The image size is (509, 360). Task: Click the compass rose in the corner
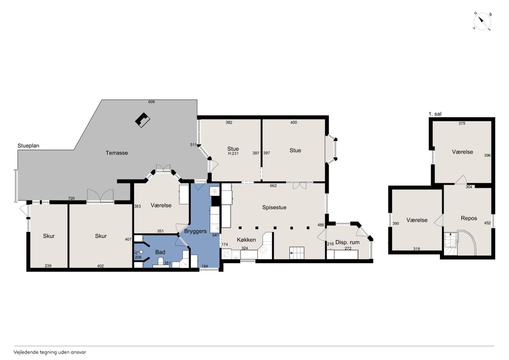482,21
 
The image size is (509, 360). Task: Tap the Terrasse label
117,153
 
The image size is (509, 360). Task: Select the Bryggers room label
195,231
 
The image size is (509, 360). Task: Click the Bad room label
160,252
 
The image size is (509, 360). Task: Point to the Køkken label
246,239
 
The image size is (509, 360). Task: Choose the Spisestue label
274,207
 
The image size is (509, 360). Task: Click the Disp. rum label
348,242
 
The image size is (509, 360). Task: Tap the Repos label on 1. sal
469,218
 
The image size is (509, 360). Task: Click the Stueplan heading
28,146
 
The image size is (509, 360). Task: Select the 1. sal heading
435,114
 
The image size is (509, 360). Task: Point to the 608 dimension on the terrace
152,102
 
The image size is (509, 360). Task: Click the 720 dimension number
71,198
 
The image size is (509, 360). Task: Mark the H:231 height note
233,154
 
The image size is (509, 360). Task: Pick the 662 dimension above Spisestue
273,186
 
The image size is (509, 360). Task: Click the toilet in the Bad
161,262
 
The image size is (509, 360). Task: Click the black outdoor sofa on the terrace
143,120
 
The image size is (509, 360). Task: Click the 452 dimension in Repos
488,223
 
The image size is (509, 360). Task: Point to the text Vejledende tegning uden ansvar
50,352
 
